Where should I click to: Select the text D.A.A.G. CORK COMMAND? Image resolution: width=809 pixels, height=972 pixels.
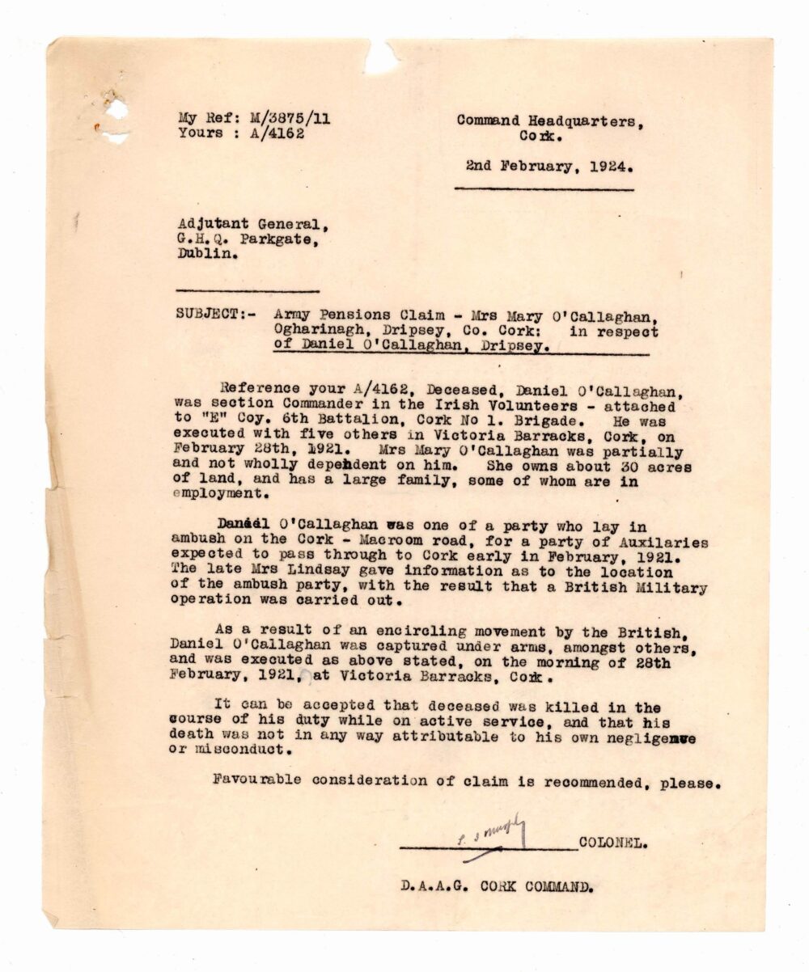click(496, 885)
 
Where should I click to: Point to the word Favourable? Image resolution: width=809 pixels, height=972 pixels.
click(252, 780)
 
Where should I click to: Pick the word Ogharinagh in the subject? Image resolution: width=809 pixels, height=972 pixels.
click(315, 332)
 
